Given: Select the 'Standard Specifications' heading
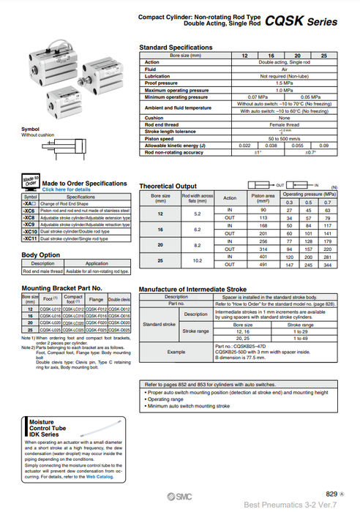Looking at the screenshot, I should [176, 48].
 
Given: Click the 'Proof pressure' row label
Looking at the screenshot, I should [162, 83].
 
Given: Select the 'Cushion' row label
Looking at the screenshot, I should [154, 117].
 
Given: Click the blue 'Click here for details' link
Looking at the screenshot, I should [67, 189].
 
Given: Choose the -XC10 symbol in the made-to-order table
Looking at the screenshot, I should [30, 231].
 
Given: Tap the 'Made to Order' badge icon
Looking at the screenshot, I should [30, 181].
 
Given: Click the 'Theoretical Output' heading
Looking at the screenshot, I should [168, 186].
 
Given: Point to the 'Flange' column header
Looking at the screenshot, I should [96, 298].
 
